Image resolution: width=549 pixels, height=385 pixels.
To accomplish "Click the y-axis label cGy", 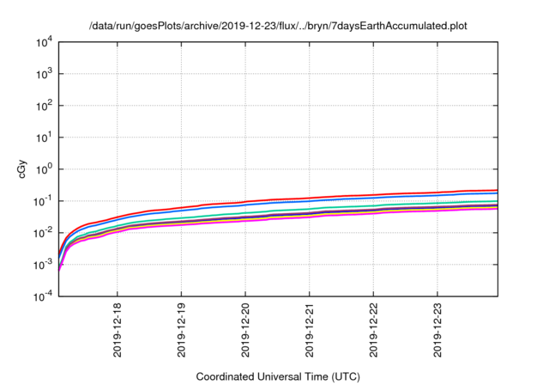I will pyautogui.click(x=24, y=169).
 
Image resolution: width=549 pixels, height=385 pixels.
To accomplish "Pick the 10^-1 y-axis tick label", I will pyautogui.click(x=41, y=201).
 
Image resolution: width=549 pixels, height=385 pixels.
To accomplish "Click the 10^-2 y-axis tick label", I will pyautogui.click(x=41, y=233).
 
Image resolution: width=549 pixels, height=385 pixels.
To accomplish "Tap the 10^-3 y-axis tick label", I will pyautogui.click(x=41, y=265).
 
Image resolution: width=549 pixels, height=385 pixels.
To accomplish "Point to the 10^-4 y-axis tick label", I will pyautogui.click(x=41, y=296).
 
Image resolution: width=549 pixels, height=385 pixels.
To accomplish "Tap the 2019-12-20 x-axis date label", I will pyautogui.click(x=246, y=331).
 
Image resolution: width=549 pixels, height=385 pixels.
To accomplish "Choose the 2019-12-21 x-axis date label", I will pyautogui.click(x=311, y=331).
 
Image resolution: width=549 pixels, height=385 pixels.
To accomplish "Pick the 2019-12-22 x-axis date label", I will pyautogui.click(x=375, y=331).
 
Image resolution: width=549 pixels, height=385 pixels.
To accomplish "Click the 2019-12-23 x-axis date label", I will pyautogui.click(x=439, y=331).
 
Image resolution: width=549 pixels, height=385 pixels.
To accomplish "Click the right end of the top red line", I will pyautogui.click(x=497, y=190).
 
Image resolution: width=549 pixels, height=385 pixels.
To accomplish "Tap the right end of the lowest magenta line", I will pyautogui.click(x=497, y=209).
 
